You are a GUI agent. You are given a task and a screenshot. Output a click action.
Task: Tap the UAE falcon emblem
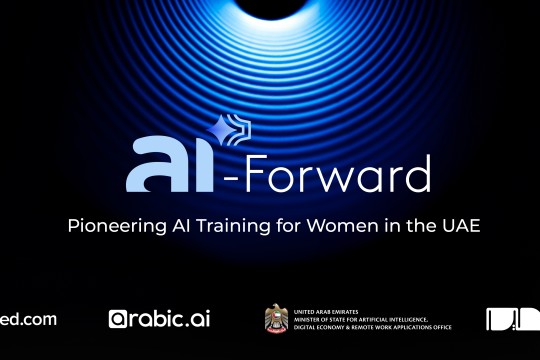click(x=275, y=318)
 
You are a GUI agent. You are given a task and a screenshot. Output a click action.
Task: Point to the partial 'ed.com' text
click(x=28, y=319)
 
